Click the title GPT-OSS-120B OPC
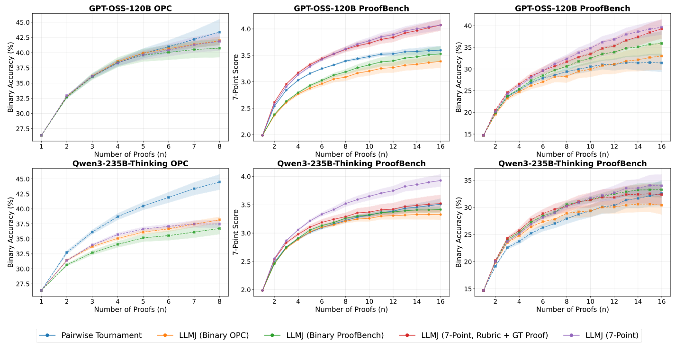pos(130,8)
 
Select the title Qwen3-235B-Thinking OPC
pos(130,163)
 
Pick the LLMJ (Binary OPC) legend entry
pos(208,335)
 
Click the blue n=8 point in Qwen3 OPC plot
pos(219,182)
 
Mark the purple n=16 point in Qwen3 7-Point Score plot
pos(441,180)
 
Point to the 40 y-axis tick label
pos(468,26)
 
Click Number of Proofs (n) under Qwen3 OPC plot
pos(130,309)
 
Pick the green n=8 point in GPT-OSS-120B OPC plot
pos(219,48)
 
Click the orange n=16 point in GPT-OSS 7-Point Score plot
pos(441,61)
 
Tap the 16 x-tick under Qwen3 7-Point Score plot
pos(441,301)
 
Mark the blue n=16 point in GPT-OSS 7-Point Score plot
pos(441,50)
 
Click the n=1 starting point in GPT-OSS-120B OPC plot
pos(41,135)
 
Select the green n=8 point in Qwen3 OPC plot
pos(219,228)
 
